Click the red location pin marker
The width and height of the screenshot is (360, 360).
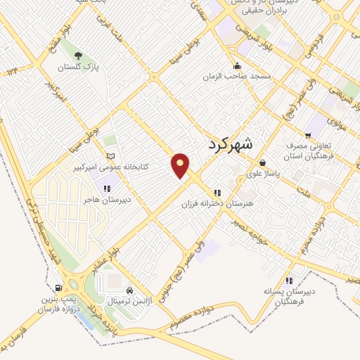(181, 165)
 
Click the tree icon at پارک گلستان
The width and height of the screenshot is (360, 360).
(78, 56)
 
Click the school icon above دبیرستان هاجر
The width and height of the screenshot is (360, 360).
(107, 188)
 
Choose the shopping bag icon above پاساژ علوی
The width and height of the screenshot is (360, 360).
(262, 162)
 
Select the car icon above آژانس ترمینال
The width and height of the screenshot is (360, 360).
(129, 290)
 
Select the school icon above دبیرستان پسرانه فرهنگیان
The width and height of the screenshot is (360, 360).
(289, 281)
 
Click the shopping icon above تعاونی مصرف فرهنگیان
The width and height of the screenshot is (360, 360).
(308, 136)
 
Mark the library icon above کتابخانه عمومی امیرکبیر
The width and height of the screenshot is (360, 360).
(108, 156)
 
